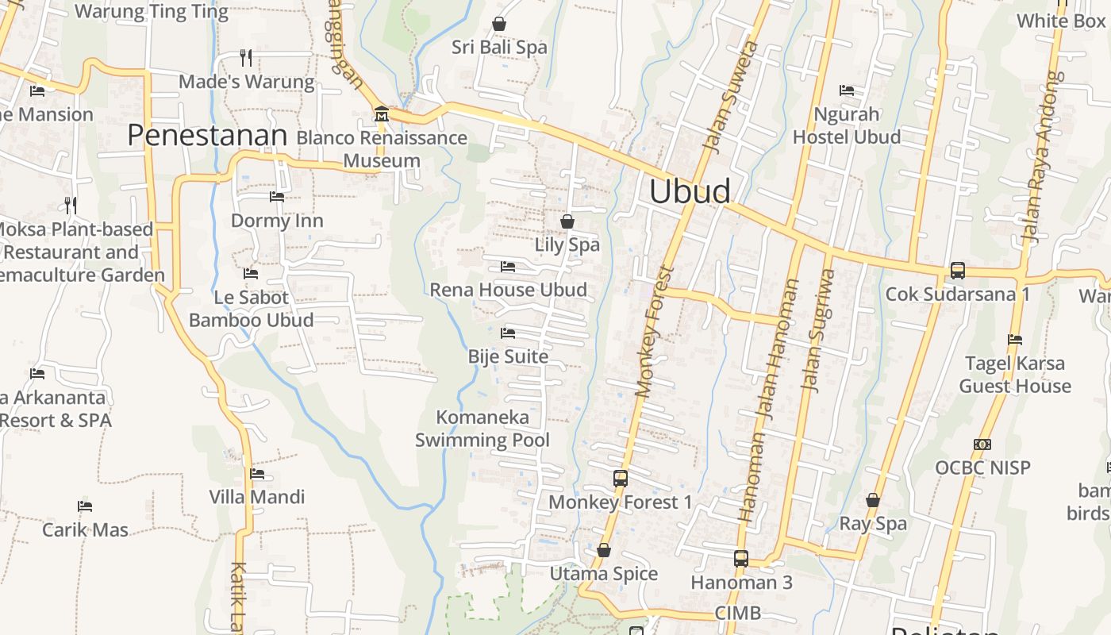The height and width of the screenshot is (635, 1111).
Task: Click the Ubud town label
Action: tap(690, 192)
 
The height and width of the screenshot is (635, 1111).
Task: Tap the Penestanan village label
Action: tap(206, 136)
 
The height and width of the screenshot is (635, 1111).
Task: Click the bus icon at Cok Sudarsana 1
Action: tap(958, 271)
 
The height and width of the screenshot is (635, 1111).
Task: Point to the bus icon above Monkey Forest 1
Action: tap(621, 479)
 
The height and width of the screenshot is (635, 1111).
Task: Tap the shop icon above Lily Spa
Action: tap(567, 221)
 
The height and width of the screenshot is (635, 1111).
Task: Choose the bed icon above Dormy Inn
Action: tap(277, 197)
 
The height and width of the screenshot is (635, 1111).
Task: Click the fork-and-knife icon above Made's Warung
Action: tap(246, 58)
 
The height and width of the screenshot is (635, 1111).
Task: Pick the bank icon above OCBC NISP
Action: tap(982, 444)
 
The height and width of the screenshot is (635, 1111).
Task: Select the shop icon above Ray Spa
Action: tap(873, 500)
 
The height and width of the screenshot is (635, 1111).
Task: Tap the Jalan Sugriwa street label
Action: tap(817, 329)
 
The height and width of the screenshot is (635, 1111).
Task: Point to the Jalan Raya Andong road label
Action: tap(1041, 156)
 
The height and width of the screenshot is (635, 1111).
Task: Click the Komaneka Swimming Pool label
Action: tap(482, 428)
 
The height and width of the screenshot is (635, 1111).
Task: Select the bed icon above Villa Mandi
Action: tap(257, 474)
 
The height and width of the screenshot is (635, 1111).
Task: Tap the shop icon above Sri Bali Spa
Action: tap(499, 25)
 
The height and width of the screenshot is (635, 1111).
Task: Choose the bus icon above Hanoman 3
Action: tap(741, 559)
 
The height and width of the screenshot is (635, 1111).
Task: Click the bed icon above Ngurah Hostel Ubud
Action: tap(847, 90)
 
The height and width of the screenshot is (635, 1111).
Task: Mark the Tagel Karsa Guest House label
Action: tap(1015, 375)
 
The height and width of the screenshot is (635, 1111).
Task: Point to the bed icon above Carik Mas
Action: tap(85, 506)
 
